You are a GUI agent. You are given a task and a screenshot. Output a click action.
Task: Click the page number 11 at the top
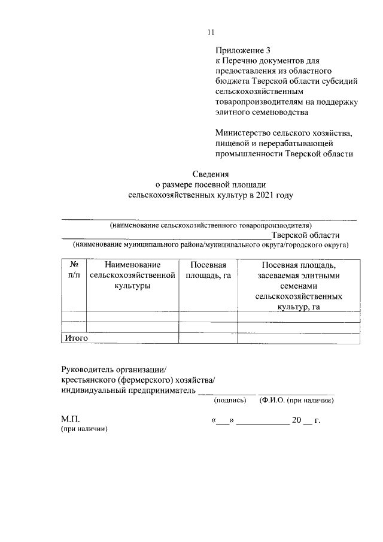click(210, 32)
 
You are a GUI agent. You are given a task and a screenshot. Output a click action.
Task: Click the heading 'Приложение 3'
click(242, 51)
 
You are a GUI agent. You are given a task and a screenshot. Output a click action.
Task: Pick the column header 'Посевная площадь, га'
click(208, 270)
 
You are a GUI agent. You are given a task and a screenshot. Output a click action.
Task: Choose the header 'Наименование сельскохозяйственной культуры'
click(132, 275)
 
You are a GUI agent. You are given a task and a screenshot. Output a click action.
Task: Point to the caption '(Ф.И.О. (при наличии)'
click(296, 400)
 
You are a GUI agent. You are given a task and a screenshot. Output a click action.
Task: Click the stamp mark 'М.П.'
click(69, 420)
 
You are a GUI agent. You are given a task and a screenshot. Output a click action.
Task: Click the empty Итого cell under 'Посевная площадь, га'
click(208, 338)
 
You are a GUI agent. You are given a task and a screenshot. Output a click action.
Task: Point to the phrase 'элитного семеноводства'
click(262, 111)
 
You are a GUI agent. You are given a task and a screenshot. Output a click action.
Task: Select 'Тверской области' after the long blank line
click(305, 235)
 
